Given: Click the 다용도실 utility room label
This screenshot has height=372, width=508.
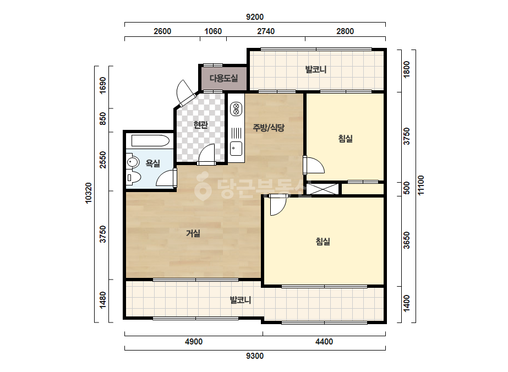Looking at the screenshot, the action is click(x=223, y=78).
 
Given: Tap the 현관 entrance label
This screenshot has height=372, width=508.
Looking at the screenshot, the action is click(x=200, y=124).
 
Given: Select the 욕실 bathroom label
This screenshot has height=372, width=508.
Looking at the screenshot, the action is click(x=152, y=163).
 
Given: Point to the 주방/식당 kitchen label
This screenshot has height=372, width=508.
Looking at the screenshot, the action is click(x=269, y=128).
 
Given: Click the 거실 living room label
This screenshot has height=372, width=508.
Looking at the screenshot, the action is click(x=193, y=233).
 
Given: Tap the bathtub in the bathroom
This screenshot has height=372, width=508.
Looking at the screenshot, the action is click(x=150, y=141).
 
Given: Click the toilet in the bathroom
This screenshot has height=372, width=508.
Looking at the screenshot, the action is click(x=134, y=177).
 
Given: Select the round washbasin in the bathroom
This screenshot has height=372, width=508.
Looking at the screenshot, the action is click(x=133, y=161).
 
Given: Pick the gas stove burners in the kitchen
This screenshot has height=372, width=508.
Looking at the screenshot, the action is click(x=236, y=109).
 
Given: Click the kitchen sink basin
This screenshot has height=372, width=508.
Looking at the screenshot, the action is click(x=236, y=149).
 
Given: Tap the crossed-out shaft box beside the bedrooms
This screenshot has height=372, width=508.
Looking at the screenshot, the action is click(x=323, y=189).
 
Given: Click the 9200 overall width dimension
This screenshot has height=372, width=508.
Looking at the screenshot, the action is click(x=255, y=17).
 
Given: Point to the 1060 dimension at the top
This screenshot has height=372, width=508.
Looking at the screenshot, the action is click(x=213, y=31).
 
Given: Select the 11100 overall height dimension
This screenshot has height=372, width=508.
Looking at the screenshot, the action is click(x=420, y=185).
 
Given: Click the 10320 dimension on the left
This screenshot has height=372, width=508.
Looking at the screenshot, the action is click(x=89, y=193).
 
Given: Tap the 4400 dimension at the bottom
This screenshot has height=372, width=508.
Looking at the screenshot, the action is click(x=324, y=342).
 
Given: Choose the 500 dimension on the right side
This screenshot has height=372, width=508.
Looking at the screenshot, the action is click(x=407, y=188).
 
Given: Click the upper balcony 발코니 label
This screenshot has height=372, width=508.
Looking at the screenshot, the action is click(x=316, y=69).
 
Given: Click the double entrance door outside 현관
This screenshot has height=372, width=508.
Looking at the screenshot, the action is click(x=185, y=94).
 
